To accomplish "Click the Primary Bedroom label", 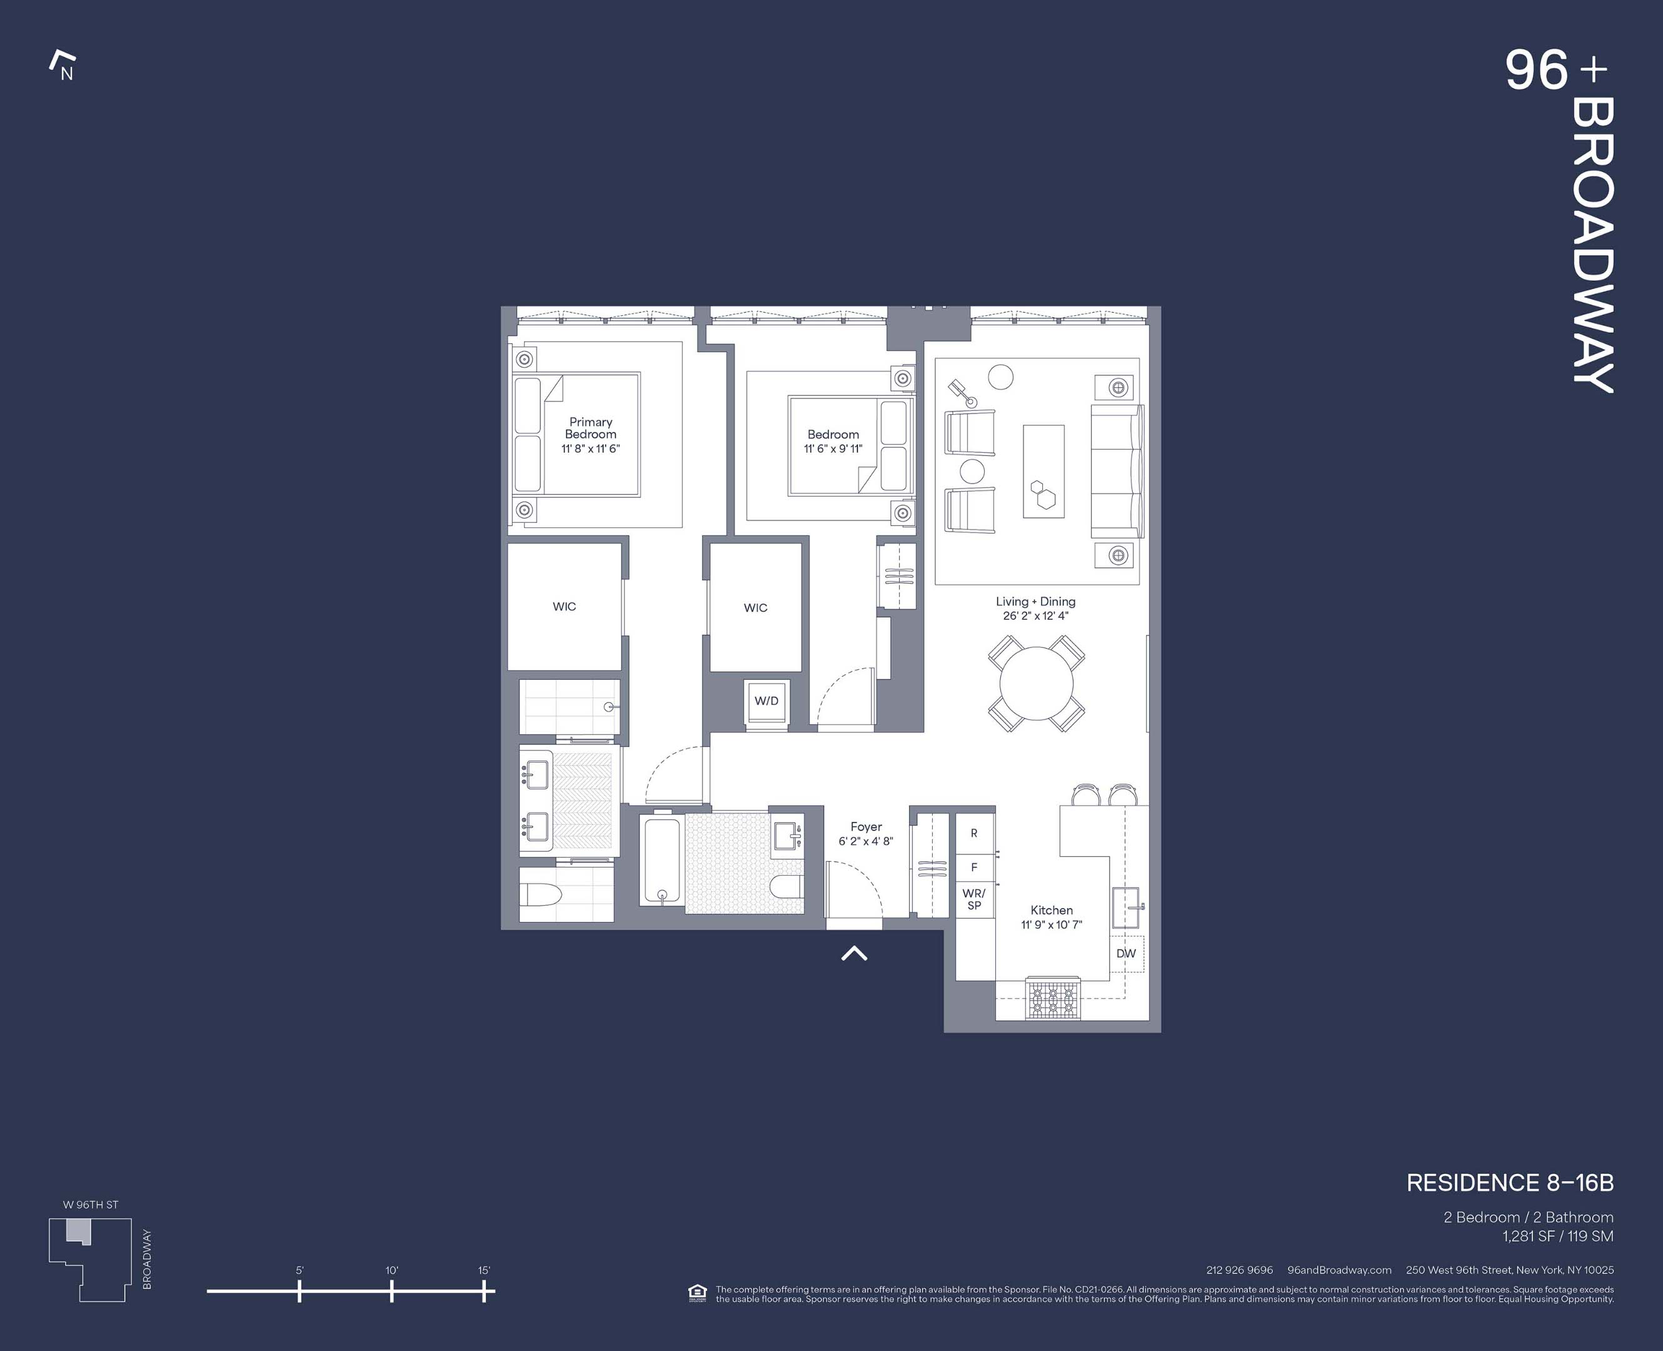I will (x=590, y=428).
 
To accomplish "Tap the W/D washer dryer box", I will (x=766, y=701).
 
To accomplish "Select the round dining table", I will (x=1036, y=683).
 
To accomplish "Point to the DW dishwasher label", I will (x=1125, y=953).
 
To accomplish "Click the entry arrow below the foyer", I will (x=854, y=953).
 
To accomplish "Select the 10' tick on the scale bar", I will (x=391, y=1291).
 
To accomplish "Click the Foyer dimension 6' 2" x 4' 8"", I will (x=866, y=841).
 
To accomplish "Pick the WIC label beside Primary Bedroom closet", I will (x=564, y=606).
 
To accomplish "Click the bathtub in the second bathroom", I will (x=662, y=860).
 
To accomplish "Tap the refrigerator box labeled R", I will (x=974, y=832).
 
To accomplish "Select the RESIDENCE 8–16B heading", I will (x=1509, y=1183).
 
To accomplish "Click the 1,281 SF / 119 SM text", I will (x=1557, y=1236).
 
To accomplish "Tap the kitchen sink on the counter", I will (x=1125, y=907).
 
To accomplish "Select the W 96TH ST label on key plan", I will (x=90, y=1205).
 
